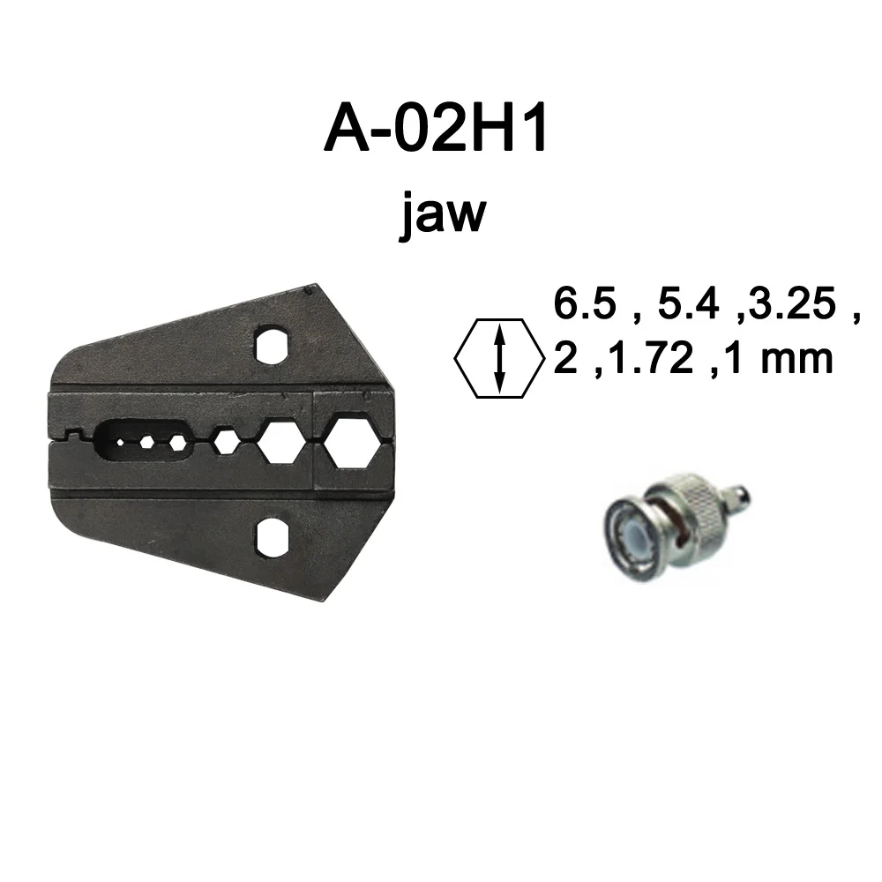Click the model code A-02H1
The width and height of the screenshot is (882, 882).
437,130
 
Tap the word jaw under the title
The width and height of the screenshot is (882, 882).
442,213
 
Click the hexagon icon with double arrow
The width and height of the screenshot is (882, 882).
499,358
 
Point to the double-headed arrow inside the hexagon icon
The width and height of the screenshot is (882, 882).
500,358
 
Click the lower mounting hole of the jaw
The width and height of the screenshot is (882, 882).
273,538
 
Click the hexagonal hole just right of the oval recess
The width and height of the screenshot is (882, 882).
227,442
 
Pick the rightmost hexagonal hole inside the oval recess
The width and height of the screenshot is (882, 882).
177,441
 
